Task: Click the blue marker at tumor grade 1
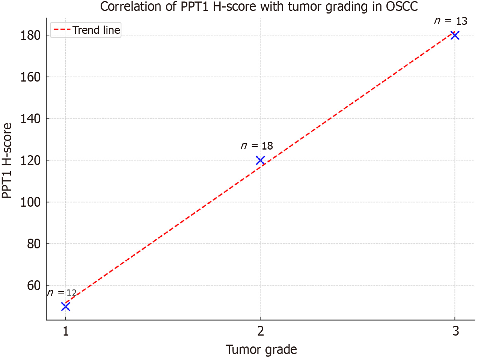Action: [x=65, y=307]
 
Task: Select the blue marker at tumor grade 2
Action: [x=260, y=160]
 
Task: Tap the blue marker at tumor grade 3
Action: [x=455, y=35]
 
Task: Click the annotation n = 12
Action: [x=62, y=293]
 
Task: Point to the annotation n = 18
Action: [x=257, y=146]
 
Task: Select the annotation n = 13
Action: [x=451, y=21]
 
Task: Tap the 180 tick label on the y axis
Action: [x=30, y=35]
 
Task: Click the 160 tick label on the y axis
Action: [x=30, y=77]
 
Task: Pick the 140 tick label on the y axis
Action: [x=30, y=119]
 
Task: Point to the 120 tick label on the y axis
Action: [x=30, y=160]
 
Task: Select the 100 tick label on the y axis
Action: [x=30, y=202]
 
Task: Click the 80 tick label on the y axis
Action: [x=33, y=244]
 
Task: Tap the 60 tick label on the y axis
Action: [x=33, y=286]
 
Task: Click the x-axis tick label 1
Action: [x=66, y=331]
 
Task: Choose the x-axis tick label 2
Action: [x=261, y=331]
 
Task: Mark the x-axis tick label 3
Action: [x=455, y=331]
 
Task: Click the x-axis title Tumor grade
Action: [x=261, y=349]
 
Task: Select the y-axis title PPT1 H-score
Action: [x=7, y=160]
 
